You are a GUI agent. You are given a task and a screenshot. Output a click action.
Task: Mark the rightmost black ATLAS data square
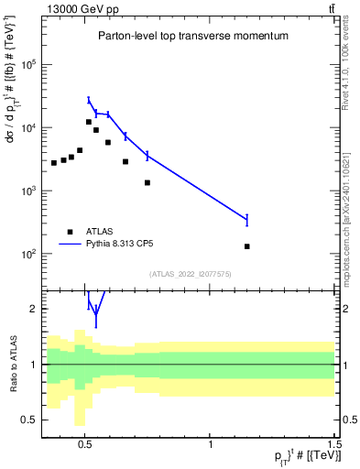247,246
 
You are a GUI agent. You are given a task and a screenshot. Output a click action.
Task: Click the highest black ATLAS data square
89,122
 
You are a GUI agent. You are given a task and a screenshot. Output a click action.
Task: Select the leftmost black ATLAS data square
54,163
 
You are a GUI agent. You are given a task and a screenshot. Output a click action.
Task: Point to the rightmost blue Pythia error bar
247,219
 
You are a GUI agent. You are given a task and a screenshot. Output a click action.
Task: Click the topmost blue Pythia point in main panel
89,100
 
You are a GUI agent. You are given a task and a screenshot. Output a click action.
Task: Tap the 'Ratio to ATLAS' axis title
12,364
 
